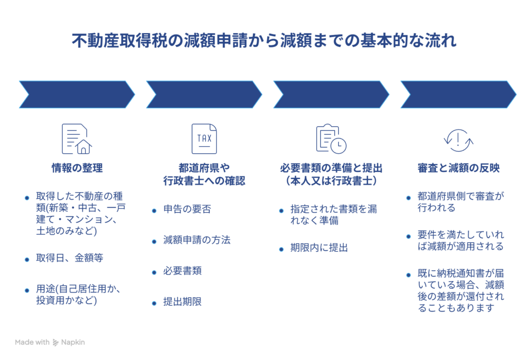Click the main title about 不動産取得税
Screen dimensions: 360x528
pos(264,40)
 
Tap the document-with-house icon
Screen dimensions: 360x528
pos(76,139)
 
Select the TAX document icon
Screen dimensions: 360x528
pos(204,139)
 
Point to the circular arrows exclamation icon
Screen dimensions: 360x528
pos(458,140)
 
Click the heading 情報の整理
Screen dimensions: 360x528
pos(77,168)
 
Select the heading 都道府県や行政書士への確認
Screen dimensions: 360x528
pos(204,174)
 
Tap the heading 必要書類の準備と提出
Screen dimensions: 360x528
pos(332,174)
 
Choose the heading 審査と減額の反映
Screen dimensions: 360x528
pos(458,168)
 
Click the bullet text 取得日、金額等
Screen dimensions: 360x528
pos(69,257)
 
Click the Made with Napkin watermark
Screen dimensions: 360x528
pos(49,342)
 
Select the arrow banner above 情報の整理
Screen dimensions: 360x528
pos(77,94)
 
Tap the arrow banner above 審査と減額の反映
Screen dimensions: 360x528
pos(458,94)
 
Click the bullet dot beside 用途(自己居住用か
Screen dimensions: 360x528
pos(26,290)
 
